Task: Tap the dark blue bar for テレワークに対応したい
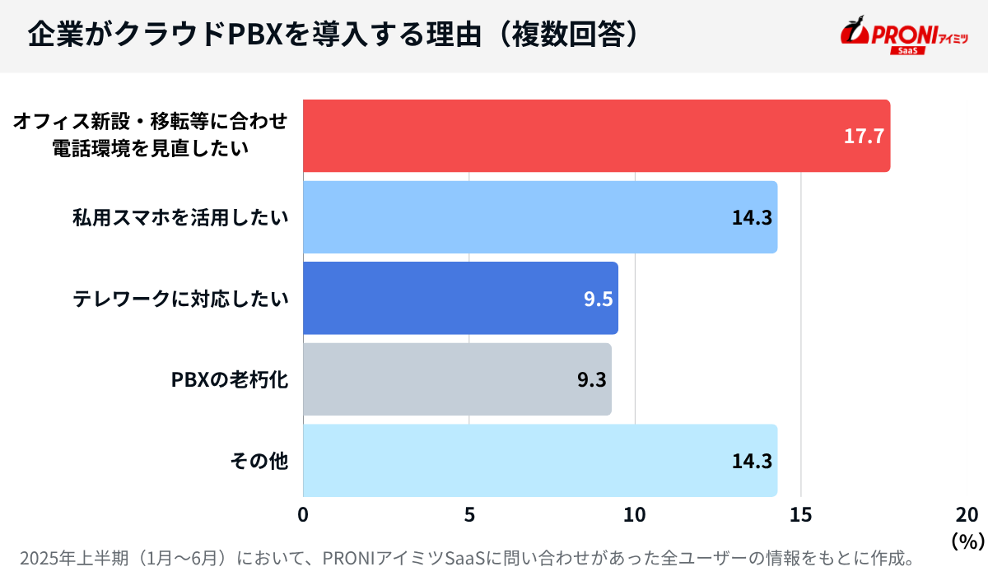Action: click(x=460, y=298)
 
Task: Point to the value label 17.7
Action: click(x=864, y=137)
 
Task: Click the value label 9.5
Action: click(x=598, y=299)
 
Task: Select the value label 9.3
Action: click(x=591, y=380)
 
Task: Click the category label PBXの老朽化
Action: click(x=230, y=380)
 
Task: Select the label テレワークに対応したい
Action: click(x=181, y=299)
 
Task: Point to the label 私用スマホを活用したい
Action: click(x=181, y=217)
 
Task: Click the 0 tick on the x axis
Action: click(x=304, y=515)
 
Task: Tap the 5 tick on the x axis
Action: click(x=469, y=515)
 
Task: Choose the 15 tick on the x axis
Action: click(x=800, y=515)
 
